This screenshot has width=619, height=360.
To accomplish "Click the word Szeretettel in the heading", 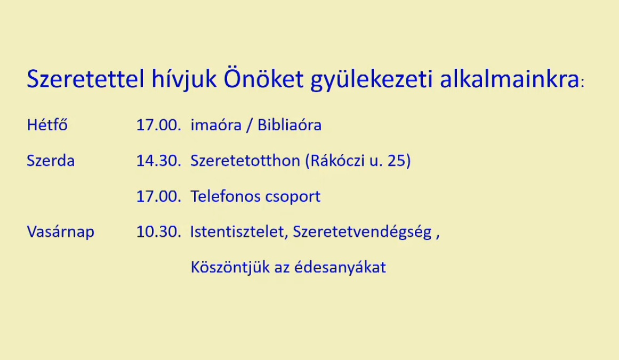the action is coord(85,78).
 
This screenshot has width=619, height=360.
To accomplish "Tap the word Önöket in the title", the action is coord(263,78).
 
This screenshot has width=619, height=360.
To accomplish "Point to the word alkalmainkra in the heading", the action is coord(509,78).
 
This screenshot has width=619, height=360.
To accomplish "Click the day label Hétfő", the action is coord(47,125).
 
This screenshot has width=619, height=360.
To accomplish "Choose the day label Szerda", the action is coord(51,161).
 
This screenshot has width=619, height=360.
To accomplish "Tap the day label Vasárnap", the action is coord(60,231).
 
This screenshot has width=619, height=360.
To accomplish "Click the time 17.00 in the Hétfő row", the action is coord(158,125).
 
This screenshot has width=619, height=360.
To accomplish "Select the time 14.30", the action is coord(158,161).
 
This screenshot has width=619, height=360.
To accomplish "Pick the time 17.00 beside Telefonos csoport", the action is coord(158,196).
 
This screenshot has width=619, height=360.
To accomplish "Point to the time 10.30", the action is coord(158,231).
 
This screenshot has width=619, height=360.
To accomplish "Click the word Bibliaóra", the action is coord(290,125).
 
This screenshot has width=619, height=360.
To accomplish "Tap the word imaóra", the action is coord(216,125).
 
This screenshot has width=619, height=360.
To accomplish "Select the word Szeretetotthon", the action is coord(245,161).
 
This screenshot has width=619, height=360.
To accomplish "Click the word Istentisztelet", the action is coord(238,231).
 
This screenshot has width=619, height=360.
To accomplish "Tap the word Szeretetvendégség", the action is coord(362,232).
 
